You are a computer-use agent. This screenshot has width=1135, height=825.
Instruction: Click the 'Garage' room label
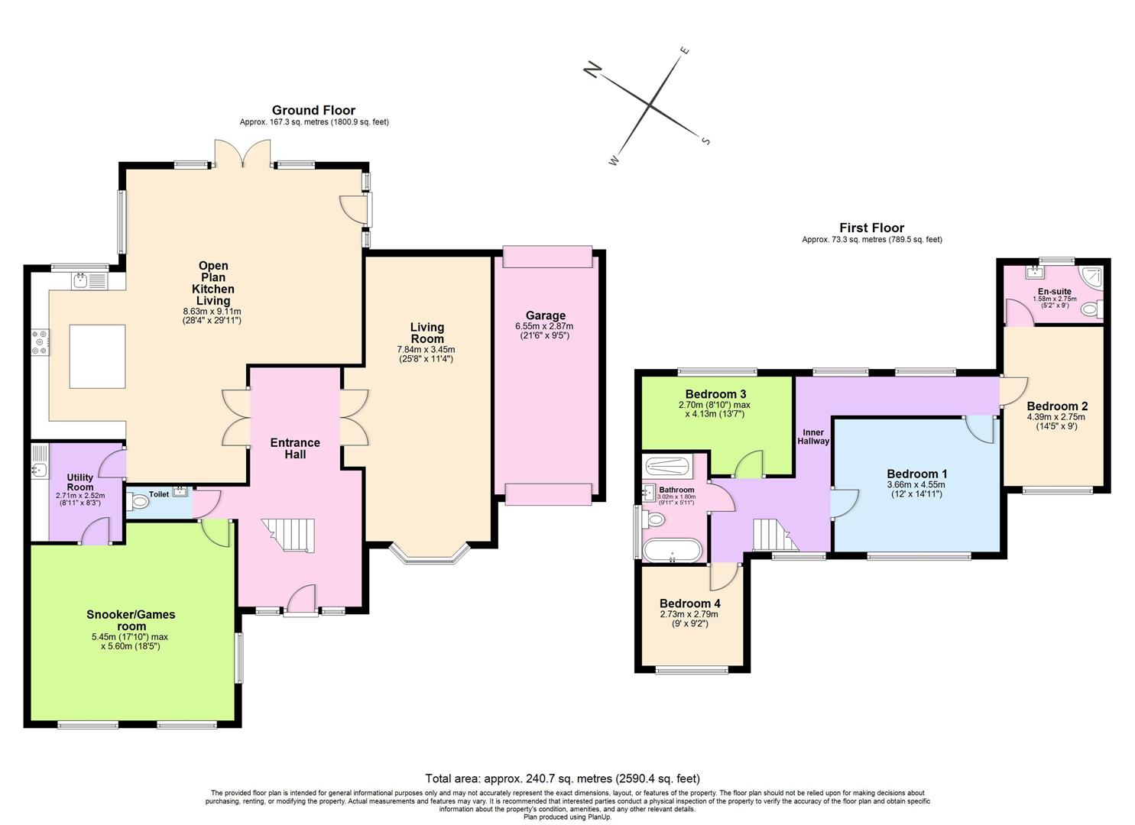(545, 315)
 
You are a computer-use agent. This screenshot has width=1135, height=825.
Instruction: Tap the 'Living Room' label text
(426, 333)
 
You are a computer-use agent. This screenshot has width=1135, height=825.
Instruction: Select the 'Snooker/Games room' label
(131, 620)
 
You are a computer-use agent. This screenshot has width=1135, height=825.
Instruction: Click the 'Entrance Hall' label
(295, 448)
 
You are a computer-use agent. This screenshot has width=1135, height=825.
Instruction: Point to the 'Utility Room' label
(80, 482)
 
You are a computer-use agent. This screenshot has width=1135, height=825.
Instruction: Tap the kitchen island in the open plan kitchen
(97, 356)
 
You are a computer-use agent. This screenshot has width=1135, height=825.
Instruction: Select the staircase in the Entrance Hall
(288, 534)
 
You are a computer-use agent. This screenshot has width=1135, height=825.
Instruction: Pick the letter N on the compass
(592, 71)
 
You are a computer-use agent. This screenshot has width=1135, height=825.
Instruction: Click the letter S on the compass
(705, 141)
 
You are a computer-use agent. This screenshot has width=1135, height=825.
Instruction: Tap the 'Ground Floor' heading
(313, 111)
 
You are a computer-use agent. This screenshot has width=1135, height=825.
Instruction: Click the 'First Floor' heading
(871, 228)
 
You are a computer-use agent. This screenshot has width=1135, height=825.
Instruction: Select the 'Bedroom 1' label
(916, 474)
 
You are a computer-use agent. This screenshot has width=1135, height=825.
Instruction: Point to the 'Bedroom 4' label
(689, 603)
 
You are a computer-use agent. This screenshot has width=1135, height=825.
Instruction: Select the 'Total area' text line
(562, 779)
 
